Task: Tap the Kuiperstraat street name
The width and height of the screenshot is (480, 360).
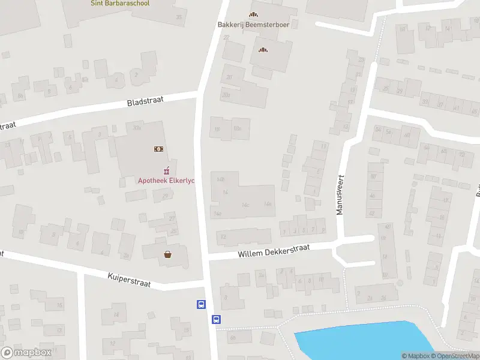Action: (130, 278)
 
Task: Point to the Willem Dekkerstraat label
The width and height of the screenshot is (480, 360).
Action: (273, 251)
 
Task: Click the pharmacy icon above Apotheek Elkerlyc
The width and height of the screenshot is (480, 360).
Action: (167, 170)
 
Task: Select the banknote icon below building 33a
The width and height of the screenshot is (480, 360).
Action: (159, 148)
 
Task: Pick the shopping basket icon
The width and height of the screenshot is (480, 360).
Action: (168, 254)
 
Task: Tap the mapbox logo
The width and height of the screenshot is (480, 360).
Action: (26, 353)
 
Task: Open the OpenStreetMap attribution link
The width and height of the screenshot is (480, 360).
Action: (457, 356)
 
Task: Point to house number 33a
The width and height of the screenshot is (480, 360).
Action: (137, 128)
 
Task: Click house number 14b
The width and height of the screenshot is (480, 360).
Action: (221, 179)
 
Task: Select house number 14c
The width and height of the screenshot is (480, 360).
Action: (245, 205)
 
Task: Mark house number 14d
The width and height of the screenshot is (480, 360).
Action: (268, 205)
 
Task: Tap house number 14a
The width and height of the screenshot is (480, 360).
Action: (217, 214)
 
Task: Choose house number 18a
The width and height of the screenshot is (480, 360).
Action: (237, 128)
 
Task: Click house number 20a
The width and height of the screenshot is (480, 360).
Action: (226, 95)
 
